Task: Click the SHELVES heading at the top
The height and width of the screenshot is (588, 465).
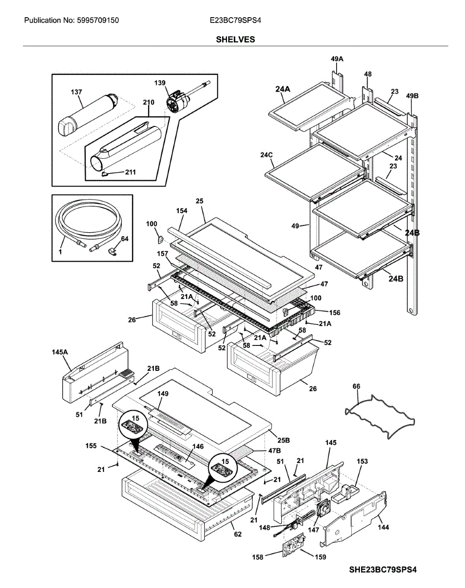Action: click(235, 39)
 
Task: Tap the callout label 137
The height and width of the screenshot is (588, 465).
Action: click(76, 92)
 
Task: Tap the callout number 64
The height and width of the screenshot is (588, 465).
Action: click(124, 239)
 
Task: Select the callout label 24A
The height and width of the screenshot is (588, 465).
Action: click(283, 89)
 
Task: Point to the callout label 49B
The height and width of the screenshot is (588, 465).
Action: click(412, 97)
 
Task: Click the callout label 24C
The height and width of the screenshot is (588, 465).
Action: click(267, 155)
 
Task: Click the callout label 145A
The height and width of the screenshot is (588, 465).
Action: click(60, 351)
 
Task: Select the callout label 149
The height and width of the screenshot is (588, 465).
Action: click(162, 393)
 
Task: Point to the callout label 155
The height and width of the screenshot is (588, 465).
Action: click(91, 446)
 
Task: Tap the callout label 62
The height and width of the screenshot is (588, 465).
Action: click(238, 535)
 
